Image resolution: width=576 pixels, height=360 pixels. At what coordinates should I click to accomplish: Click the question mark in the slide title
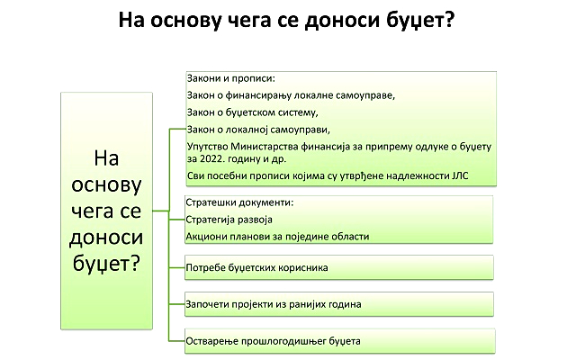pyautogui.click(x=450, y=19)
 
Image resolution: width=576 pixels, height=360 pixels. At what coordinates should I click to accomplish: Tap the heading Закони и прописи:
pyautogui.click(x=231, y=78)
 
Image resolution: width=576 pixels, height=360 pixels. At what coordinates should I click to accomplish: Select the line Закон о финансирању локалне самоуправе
pyautogui.click(x=291, y=95)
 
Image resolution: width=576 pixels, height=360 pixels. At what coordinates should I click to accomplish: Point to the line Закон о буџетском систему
pyautogui.click(x=252, y=112)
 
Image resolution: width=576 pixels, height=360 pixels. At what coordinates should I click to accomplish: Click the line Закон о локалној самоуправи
pyautogui.click(x=258, y=130)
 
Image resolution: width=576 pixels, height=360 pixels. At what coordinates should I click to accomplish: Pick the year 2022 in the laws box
pyautogui.click(x=212, y=159)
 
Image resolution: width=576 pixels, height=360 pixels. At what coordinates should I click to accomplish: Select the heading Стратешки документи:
pyautogui.click(x=239, y=202)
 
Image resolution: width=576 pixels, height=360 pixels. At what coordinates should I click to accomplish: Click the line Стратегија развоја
pyautogui.click(x=229, y=220)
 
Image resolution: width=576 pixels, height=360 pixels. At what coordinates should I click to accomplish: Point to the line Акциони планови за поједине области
pyautogui.click(x=277, y=237)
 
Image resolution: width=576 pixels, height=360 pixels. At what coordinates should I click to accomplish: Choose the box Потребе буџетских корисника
pyautogui.click(x=339, y=267)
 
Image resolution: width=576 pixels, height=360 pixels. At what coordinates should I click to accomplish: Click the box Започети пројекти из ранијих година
pyautogui.click(x=339, y=304)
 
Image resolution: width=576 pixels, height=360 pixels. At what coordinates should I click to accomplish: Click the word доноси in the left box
pyautogui.click(x=106, y=238)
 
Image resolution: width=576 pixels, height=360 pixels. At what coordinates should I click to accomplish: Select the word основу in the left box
pyautogui.click(x=106, y=185)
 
